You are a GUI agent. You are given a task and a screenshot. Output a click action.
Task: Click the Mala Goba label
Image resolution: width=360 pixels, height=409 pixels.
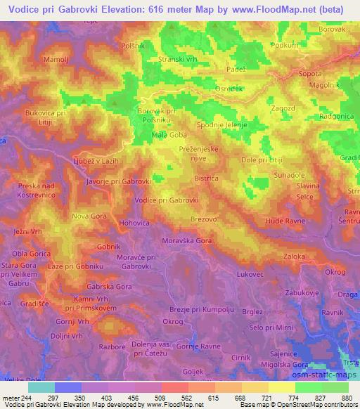pos(169,134)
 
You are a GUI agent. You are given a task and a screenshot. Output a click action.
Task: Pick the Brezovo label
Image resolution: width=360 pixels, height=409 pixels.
pos(202,219)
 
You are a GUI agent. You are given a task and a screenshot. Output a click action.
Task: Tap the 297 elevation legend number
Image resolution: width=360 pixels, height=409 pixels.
pos(53,397)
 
